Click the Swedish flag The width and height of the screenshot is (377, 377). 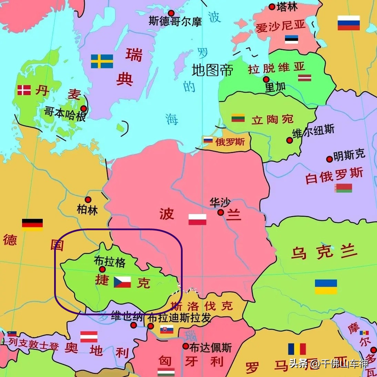pos(102,61)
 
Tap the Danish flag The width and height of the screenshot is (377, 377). pos(24,90)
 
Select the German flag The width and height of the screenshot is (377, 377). pos(32,224)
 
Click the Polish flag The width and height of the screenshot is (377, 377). pos(197,220)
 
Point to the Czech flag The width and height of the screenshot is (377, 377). pos(122,282)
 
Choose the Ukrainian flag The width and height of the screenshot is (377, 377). pos(326,286)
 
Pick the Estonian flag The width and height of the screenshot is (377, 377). pos(292,39)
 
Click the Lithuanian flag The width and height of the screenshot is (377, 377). pos(238,118)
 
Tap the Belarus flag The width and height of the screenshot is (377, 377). pos(344,188)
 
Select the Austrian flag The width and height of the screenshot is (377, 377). pos(89,337)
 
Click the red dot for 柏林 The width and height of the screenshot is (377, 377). pos(88,200)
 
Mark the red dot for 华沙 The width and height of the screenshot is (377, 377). pos(221,213)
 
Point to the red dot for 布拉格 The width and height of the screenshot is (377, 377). pos(102,269)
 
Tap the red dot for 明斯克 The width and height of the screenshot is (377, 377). pos(329,159)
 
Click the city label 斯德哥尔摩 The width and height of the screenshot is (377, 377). pos(175,21)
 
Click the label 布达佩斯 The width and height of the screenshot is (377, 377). pos(211,347)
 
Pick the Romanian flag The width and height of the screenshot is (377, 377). pos(297,349)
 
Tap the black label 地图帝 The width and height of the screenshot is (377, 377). pos(212,70)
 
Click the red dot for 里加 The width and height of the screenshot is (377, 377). pos(266,80)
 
